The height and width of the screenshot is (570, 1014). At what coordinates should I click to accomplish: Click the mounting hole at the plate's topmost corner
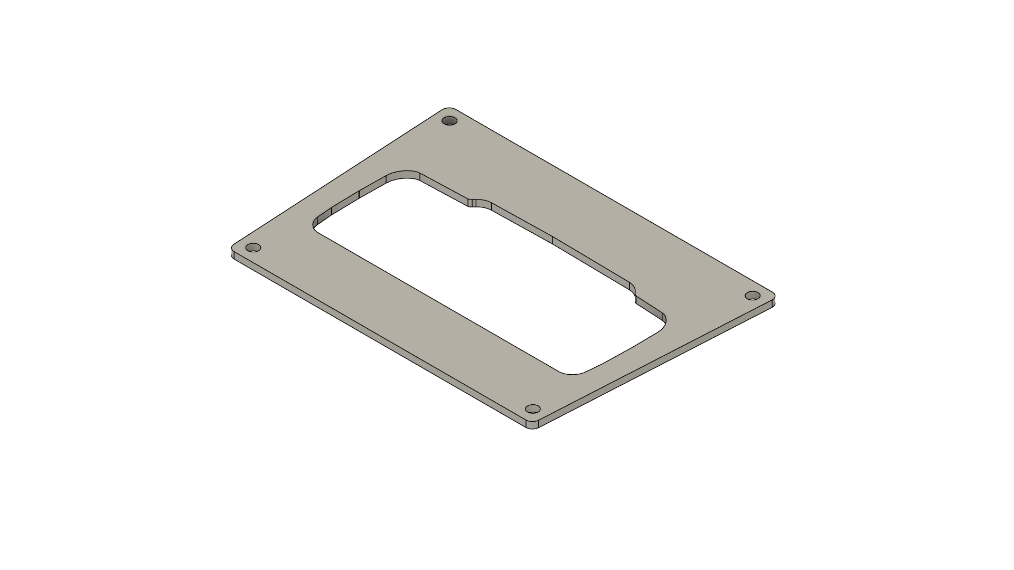tap(449, 121)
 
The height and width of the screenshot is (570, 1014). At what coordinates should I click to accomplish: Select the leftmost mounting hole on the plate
tap(254, 248)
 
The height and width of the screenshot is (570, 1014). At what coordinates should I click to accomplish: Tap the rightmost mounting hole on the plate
tap(752, 295)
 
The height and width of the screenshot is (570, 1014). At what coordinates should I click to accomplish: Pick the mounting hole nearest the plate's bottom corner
tap(533, 409)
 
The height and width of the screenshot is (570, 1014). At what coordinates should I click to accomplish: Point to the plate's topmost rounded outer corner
tap(449, 109)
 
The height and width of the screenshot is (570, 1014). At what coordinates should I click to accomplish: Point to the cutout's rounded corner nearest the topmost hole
tap(404, 175)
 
